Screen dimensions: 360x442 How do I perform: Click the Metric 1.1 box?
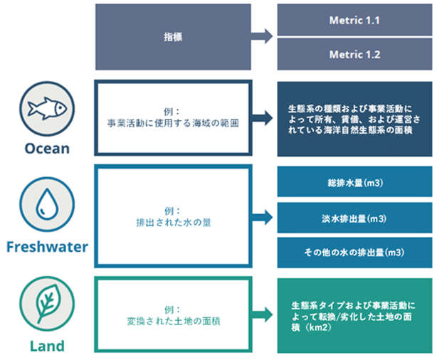[354, 20]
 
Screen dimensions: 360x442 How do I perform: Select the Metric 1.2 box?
[354, 54]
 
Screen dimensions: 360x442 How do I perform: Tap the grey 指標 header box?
[173, 37]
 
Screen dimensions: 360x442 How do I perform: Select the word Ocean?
[46, 149]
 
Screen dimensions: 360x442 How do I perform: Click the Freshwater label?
[46, 247]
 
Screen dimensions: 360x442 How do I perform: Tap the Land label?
[46, 346]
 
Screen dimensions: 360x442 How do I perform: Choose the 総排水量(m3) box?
[354, 182]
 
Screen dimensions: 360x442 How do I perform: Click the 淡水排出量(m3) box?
[354, 218]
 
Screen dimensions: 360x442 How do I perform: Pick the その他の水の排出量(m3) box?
[354, 252]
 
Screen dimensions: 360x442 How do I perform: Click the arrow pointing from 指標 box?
[263, 37]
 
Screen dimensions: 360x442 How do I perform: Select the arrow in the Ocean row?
[263, 118]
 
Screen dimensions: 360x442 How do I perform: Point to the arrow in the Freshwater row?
[263, 217]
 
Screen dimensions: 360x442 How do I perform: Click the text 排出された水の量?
[173, 223]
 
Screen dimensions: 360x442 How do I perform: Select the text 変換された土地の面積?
[173, 322]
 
